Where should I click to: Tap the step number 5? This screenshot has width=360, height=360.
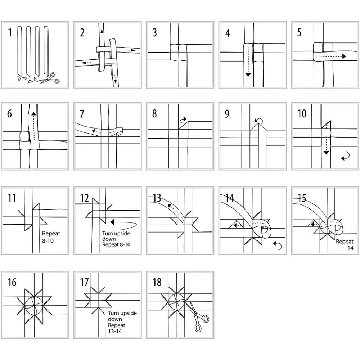(300, 32)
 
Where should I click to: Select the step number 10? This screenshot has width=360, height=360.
(302, 113)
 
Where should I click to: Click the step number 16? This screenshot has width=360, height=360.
(12, 282)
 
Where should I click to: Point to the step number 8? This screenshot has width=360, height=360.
(154, 113)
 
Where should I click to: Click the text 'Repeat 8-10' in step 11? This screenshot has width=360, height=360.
(51, 237)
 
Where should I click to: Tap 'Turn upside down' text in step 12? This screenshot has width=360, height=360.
(116, 236)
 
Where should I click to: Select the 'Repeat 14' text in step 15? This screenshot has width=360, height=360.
(345, 244)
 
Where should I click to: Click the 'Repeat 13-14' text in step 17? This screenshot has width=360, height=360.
(116, 328)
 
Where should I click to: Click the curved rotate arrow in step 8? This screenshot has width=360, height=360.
(184, 120)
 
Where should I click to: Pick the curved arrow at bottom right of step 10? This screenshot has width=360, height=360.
(345, 156)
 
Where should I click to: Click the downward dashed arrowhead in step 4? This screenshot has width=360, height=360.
(248, 75)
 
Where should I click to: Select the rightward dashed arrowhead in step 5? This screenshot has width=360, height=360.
(344, 56)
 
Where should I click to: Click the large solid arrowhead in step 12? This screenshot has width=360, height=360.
(112, 222)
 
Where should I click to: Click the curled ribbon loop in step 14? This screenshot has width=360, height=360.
(262, 230)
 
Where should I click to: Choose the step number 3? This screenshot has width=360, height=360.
(155, 32)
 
